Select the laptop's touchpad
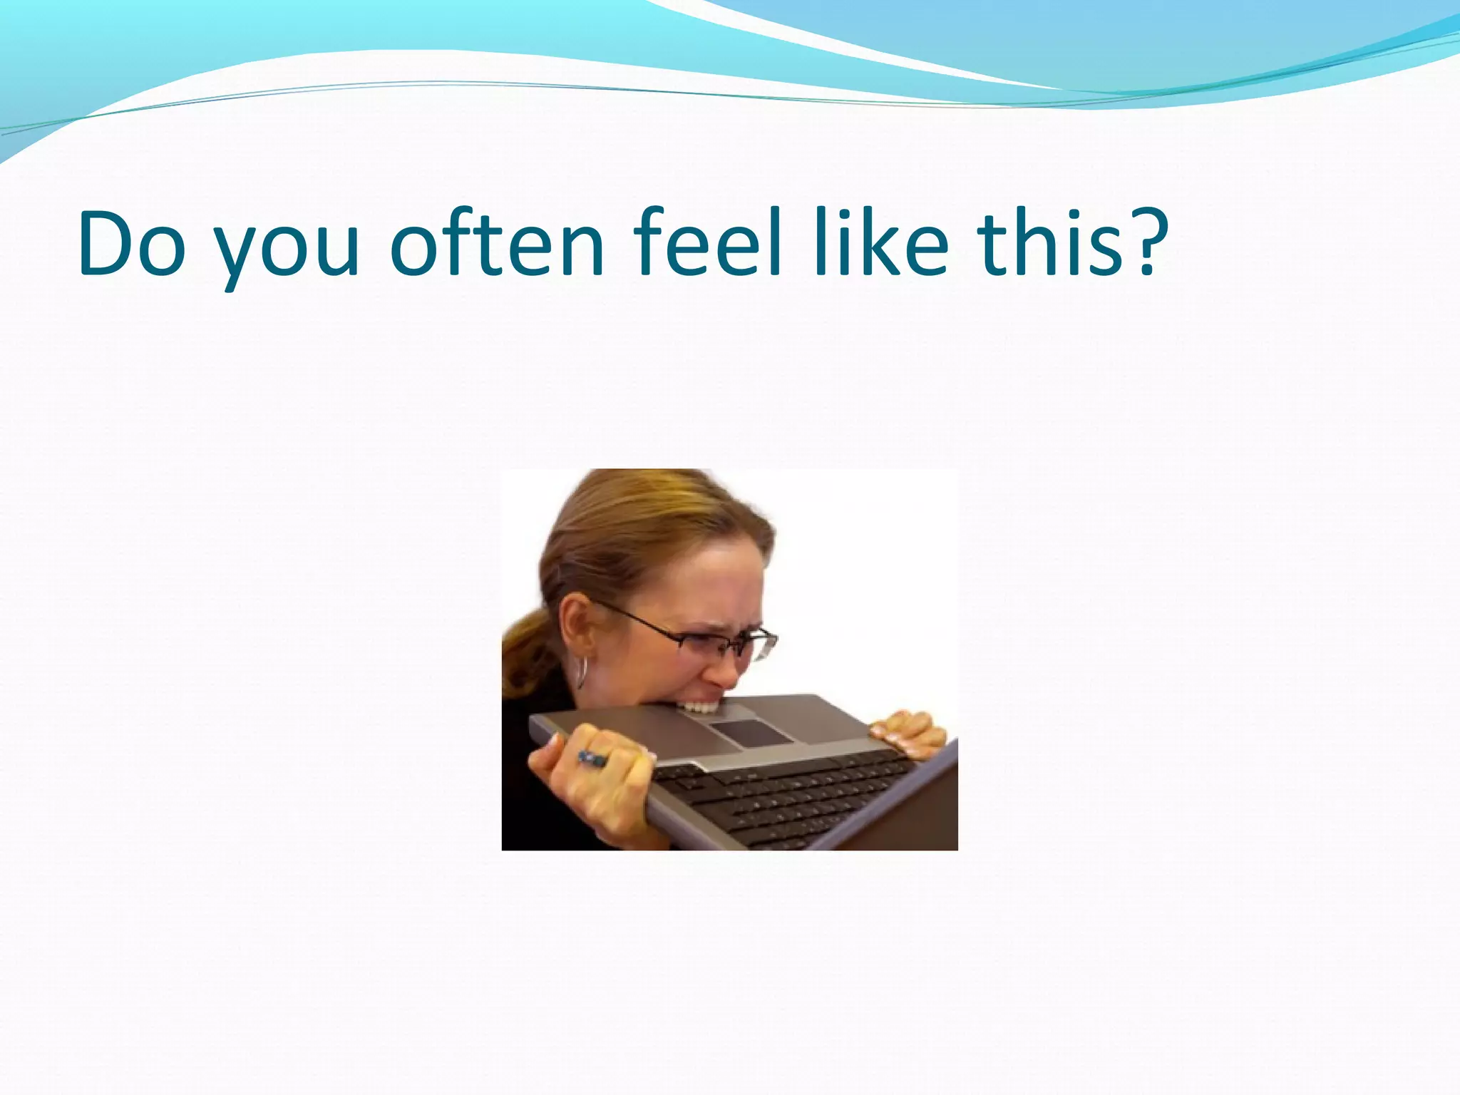tap(750, 733)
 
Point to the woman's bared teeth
tap(699, 708)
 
